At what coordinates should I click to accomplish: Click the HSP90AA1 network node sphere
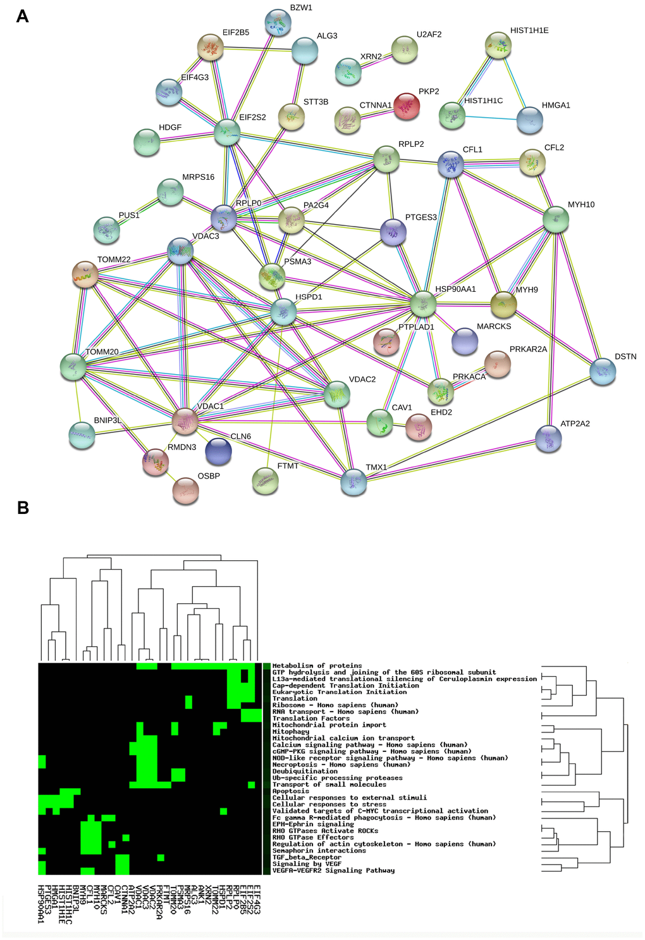click(x=423, y=304)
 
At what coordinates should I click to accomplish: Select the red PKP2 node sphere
click(x=406, y=106)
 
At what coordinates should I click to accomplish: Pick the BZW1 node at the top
click(x=278, y=23)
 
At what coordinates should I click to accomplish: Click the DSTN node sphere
click(x=603, y=371)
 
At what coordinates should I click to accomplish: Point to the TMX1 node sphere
click(x=353, y=482)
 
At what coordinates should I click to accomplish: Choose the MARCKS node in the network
click(x=465, y=341)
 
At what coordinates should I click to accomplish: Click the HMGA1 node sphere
click(x=529, y=120)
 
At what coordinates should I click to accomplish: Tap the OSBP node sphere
click(x=185, y=491)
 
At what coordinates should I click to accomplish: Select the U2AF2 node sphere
click(x=405, y=49)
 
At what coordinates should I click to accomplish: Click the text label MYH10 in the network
click(x=580, y=204)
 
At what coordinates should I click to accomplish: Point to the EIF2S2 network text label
click(x=252, y=117)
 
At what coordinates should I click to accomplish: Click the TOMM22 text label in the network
click(x=114, y=260)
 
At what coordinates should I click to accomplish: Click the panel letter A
click(x=22, y=16)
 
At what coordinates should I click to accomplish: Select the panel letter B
click(x=23, y=508)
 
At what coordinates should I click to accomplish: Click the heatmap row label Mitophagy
click(x=290, y=731)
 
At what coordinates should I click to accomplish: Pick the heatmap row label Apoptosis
click(x=291, y=791)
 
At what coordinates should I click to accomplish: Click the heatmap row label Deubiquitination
click(x=305, y=771)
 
